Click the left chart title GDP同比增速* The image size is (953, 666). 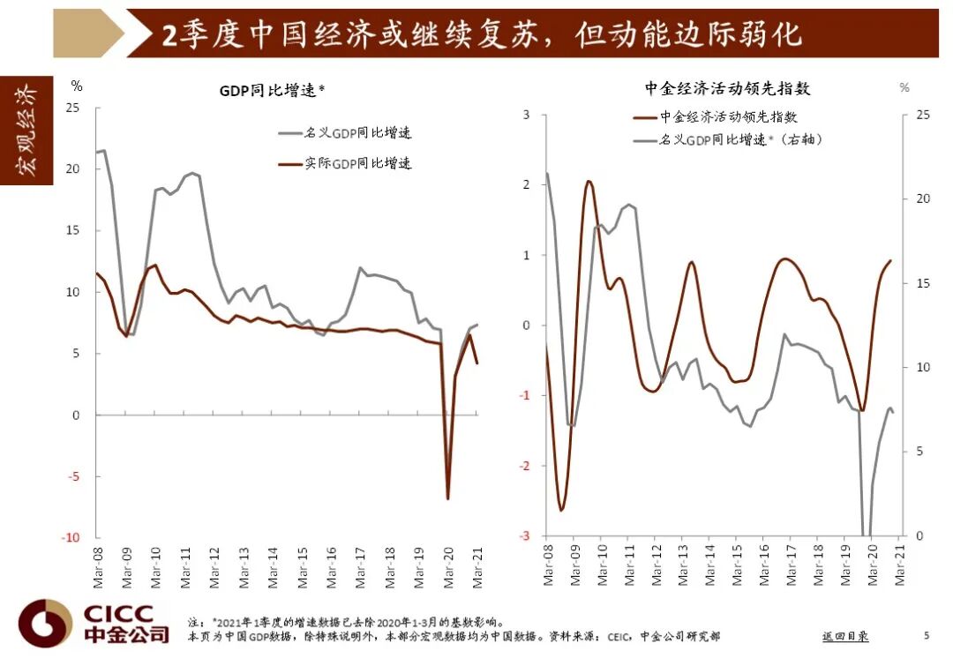click(273, 90)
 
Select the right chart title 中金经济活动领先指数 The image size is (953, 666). click(727, 88)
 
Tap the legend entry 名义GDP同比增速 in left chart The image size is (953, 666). click(357, 133)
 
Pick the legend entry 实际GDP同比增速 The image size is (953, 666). click(357, 163)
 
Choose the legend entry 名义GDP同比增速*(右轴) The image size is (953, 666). click(741, 139)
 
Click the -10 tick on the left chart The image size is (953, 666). click(71, 537)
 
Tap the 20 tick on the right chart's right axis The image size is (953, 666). click(922, 198)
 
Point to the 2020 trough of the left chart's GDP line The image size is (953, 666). click(448, 498)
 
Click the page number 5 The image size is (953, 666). click(926, 635)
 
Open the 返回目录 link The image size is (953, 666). click(844, 635)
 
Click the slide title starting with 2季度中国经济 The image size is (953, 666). click(481, 34)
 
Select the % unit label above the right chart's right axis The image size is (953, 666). click(904, 87)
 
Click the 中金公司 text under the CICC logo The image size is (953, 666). click(126, 634)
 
